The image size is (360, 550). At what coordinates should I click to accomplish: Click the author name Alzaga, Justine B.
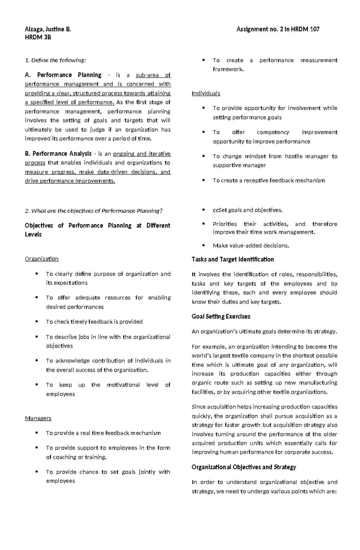[x=48, y=29]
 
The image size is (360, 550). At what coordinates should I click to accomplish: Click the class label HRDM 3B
[x=38, y=37]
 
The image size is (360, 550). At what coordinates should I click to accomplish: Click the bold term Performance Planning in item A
[x=69, y=75]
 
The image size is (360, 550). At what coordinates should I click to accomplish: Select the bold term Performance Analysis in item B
[x=62, y=154]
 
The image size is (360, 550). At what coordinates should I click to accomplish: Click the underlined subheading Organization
[x=42, y=259]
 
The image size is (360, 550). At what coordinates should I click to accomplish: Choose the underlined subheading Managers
[x=38, y=418]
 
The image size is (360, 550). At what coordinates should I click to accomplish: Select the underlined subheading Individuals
[x=206, y=93]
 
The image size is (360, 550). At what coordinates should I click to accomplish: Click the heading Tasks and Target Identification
[x=232, y=259]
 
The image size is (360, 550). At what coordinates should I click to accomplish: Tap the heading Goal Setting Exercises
[x=221, y=317]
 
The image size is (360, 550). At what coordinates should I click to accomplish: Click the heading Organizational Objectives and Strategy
[x=244, y=467]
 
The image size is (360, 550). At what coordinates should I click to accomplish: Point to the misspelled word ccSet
[x=219, y=210]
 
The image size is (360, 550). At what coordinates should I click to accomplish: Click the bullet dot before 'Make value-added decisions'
[x=204, y=245]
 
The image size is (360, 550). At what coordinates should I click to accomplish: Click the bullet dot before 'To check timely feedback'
[x=37, y=322]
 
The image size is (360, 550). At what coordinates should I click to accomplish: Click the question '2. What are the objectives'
[x=93, y=211]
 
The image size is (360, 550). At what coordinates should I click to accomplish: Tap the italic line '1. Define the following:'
[x=55, y=60]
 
